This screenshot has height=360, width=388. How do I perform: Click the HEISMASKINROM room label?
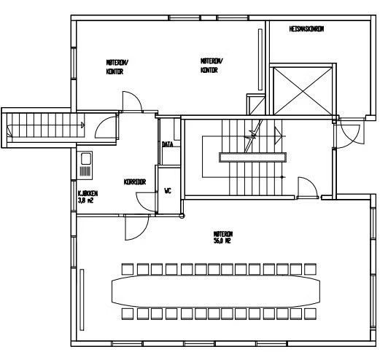[306, 29]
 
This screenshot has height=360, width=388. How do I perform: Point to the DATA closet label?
[167, 144]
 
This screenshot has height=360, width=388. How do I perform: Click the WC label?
[167, 191]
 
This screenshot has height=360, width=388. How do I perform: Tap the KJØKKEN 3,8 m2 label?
[88, 196]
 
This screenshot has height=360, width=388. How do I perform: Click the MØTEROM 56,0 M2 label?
[222, 237]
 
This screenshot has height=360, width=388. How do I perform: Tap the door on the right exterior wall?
[348, 133]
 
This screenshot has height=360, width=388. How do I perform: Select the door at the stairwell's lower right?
[306, 189]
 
